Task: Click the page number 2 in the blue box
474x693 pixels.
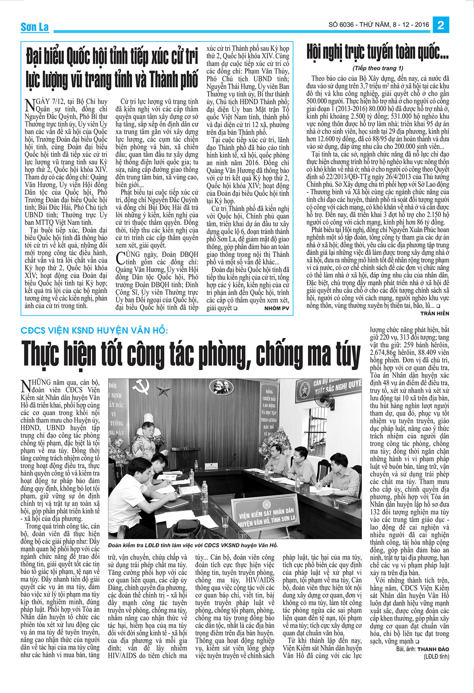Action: pyautogui.click(x=441, y=26)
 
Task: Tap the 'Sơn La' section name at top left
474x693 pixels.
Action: pyautogui.click(x=34, y=27)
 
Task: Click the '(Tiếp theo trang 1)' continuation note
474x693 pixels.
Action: pyautogui.click(x=378, y=68)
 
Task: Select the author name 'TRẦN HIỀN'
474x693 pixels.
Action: pyautogui.click(x=434, y=313)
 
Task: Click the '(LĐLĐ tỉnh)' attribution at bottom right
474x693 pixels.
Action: pyautogui.click(x=436, y=657)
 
